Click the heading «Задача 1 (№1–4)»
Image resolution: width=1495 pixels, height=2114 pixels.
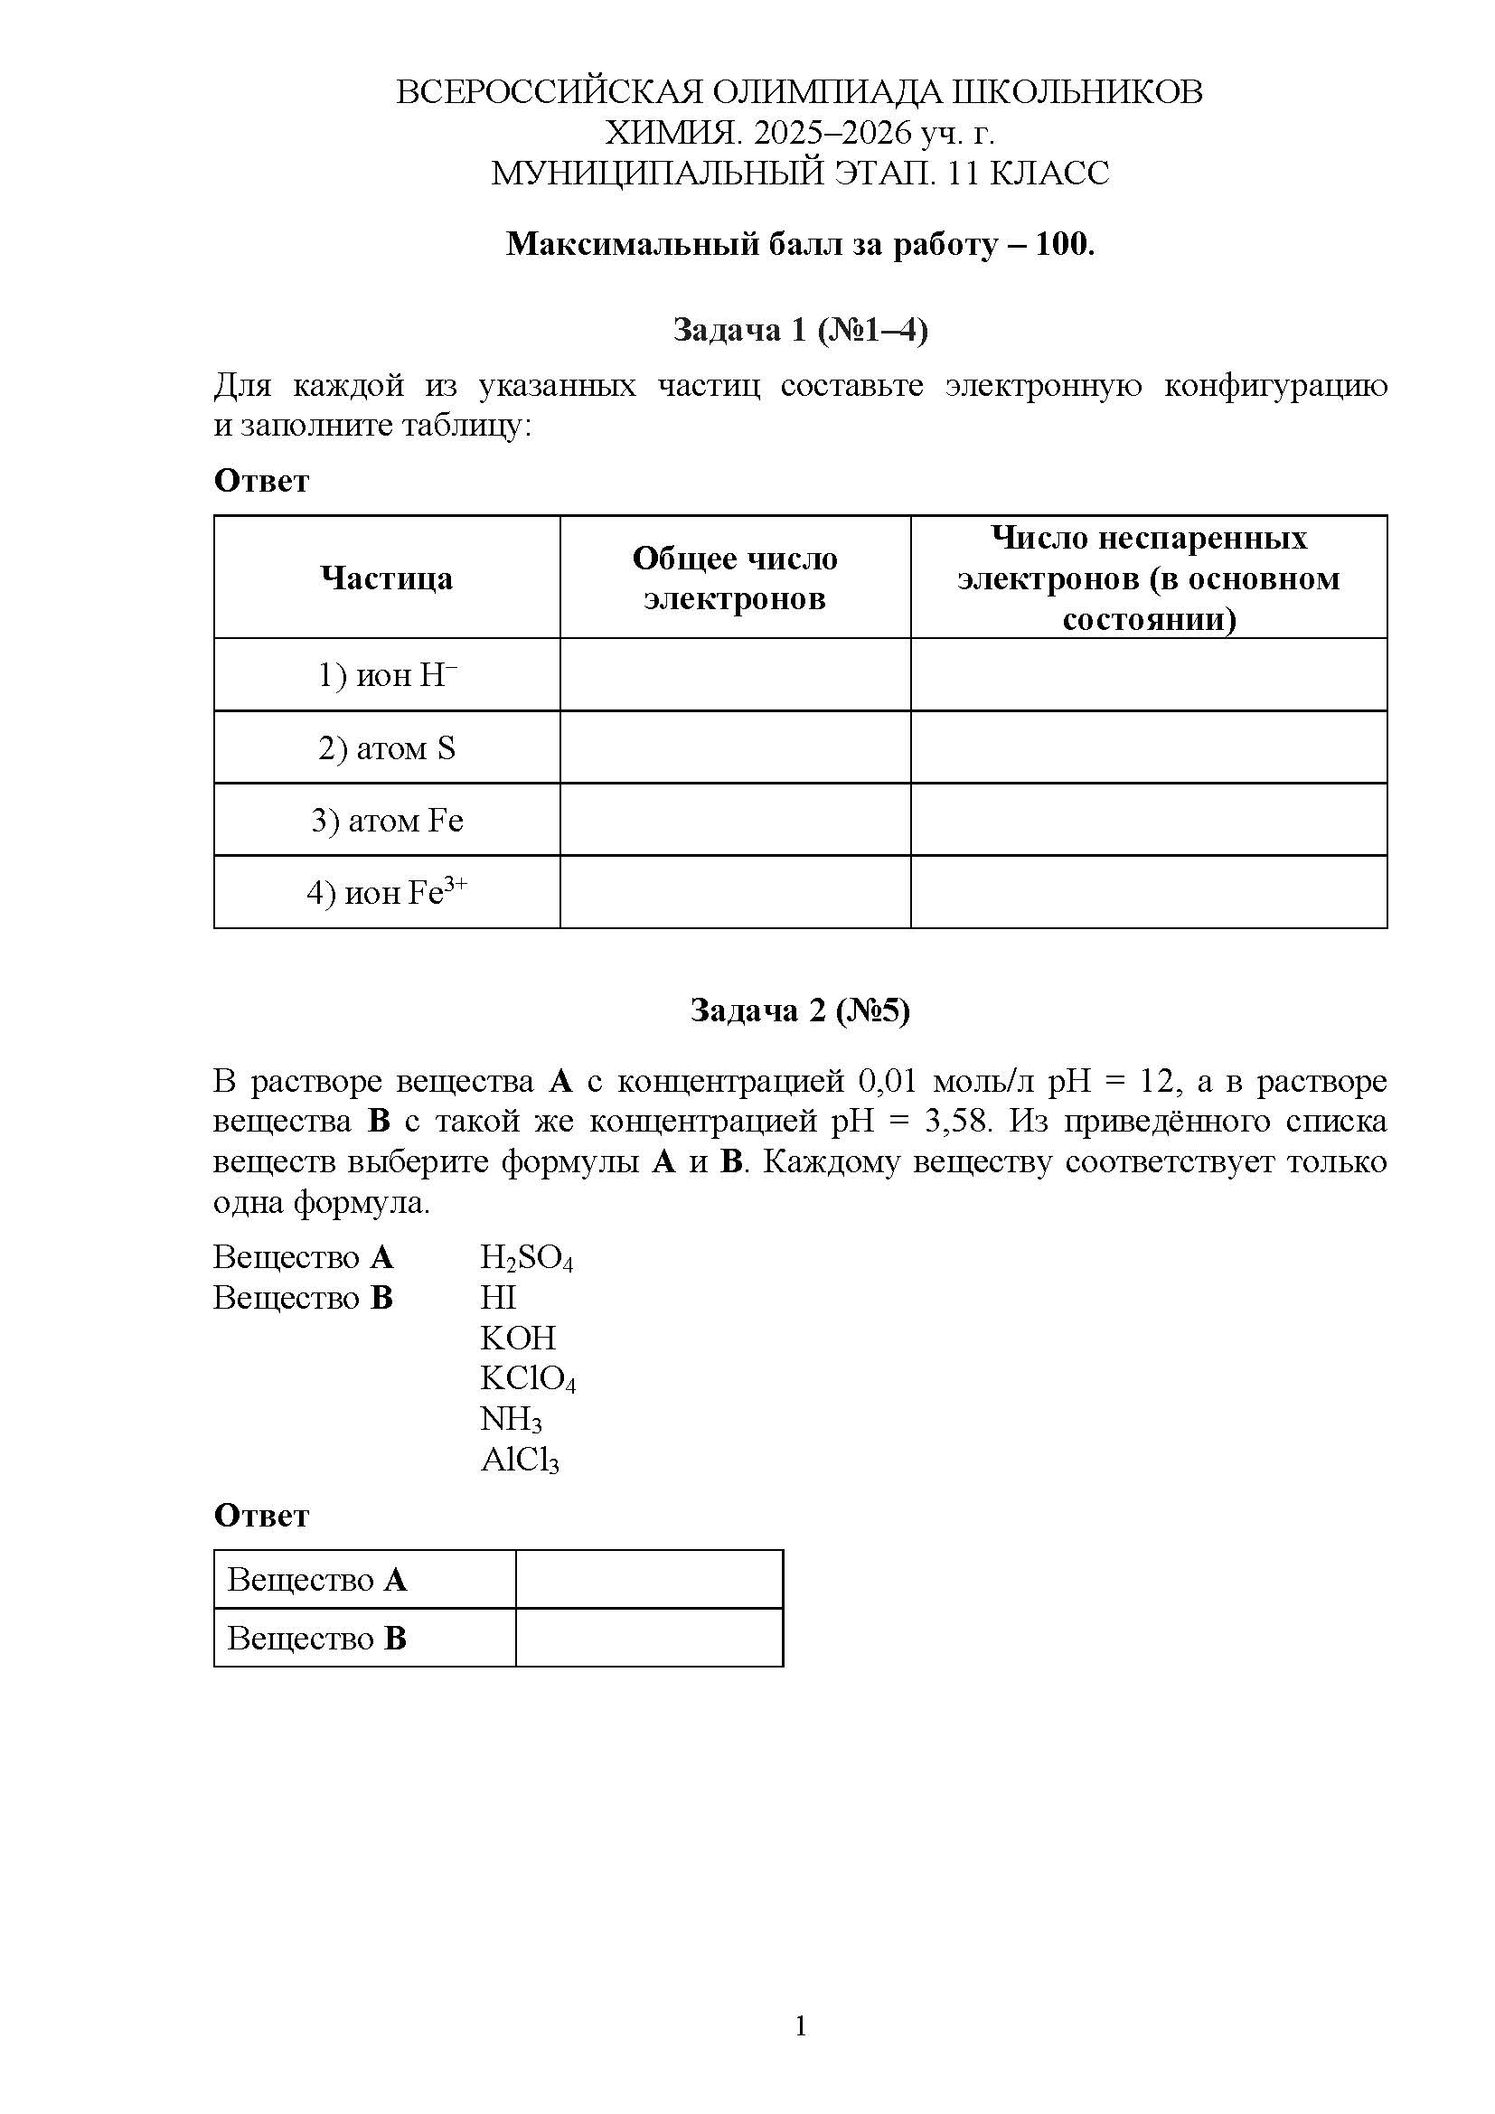click(x=800, y=330)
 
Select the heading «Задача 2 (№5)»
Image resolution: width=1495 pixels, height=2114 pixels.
click(x=800, y=1011)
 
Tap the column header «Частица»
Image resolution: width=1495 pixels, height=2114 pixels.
click(x=387, y=578)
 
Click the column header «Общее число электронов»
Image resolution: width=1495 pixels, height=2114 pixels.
click(x=735, y=578)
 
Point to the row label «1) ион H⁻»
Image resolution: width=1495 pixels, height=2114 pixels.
click(x=387, y=675)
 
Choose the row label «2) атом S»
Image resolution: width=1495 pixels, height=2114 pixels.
click(x=387, y=747)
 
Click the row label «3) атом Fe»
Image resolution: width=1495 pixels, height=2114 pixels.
click(x=387, y=821)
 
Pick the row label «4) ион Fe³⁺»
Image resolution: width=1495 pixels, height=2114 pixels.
click(x=387, y=892)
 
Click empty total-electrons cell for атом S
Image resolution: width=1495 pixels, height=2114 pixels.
click(x=735, y=747)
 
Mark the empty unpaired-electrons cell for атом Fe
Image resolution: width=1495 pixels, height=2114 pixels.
click(x=1148, y=821)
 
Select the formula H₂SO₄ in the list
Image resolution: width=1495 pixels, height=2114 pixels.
click(x=527, y=1258)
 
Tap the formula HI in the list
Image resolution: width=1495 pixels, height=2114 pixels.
click(x=498, y=1297)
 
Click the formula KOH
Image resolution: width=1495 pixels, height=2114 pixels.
click(x=517, y=1338)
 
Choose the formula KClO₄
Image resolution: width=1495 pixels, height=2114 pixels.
click(x=528, y=1379)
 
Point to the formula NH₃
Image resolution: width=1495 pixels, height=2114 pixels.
click(x=511, y=1420)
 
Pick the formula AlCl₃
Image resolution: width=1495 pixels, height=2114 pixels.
click(x=519, y=1461)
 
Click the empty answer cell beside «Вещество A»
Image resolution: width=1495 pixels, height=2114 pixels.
click(x=649, y=1580)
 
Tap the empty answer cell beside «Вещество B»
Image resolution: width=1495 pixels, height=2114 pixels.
click(x=649, y=1638)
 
